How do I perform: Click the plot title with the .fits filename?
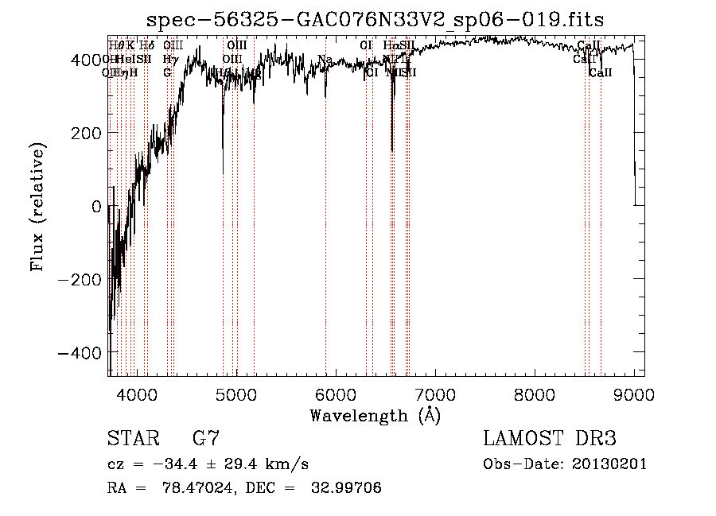click(381, 21)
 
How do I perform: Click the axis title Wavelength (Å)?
click(375, 415)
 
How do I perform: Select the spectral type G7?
click(206, 439)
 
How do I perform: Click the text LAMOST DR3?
click(549, 439)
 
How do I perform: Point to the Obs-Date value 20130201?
click(610, 464)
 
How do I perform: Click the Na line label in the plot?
click(325, 59)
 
